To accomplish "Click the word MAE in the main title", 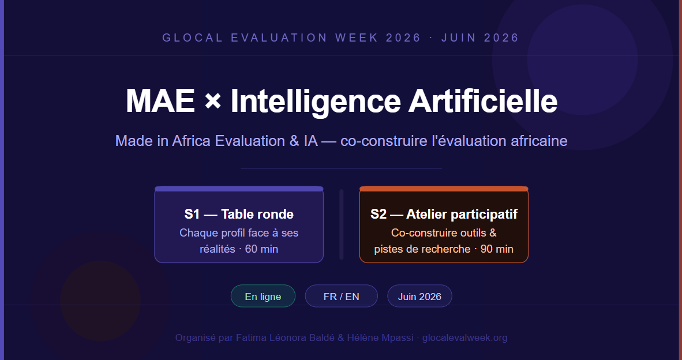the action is tap(160, 101).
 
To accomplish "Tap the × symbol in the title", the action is tap(213, 101).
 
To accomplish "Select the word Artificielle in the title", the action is tap(483, 101).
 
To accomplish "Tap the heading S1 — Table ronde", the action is tap(239, 214).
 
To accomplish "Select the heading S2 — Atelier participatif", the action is tap(444, 214).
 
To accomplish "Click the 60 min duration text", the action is tap(261, 249).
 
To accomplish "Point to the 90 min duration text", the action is tap(497, 249).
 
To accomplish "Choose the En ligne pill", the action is tap(263, 296).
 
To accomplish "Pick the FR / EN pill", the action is tap(342, 296).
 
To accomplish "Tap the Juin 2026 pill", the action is tap(419, 296).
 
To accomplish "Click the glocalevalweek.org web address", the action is tap(464, 338).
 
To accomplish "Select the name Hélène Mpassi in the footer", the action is tap(380, 338).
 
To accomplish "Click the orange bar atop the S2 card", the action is tap(444, 189).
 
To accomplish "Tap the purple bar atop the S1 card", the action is tap(239, 189).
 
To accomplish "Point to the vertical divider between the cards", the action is tap(342, 224).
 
